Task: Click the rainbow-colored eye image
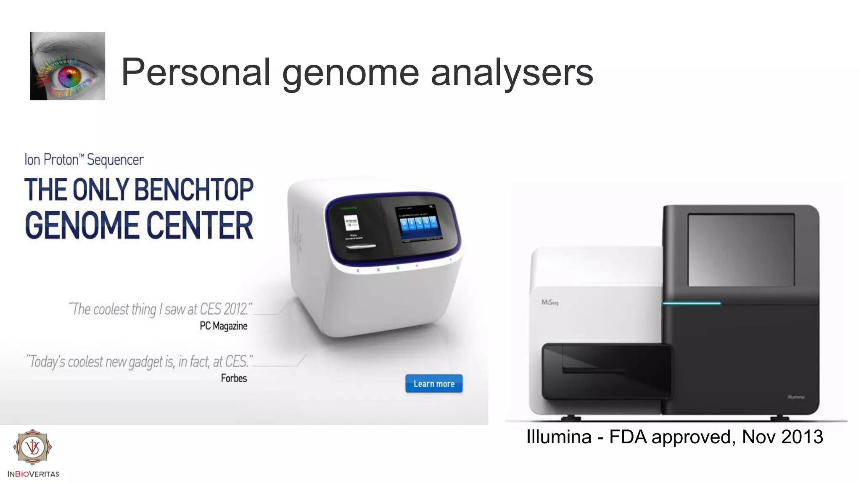(68, 66)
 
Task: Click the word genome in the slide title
(351, 73)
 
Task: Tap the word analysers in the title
(512, 73)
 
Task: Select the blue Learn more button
(434, 384)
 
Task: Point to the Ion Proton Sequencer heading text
(84, 160)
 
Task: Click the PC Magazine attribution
(223, 326)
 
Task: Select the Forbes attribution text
(234, 378)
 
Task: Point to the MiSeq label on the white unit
(549, 302)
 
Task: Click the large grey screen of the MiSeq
(741, 250)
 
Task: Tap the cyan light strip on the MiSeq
(692, 303)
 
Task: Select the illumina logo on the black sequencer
(795, 397)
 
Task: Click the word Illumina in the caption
(559, 437)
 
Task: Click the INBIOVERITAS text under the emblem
(33, 474)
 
